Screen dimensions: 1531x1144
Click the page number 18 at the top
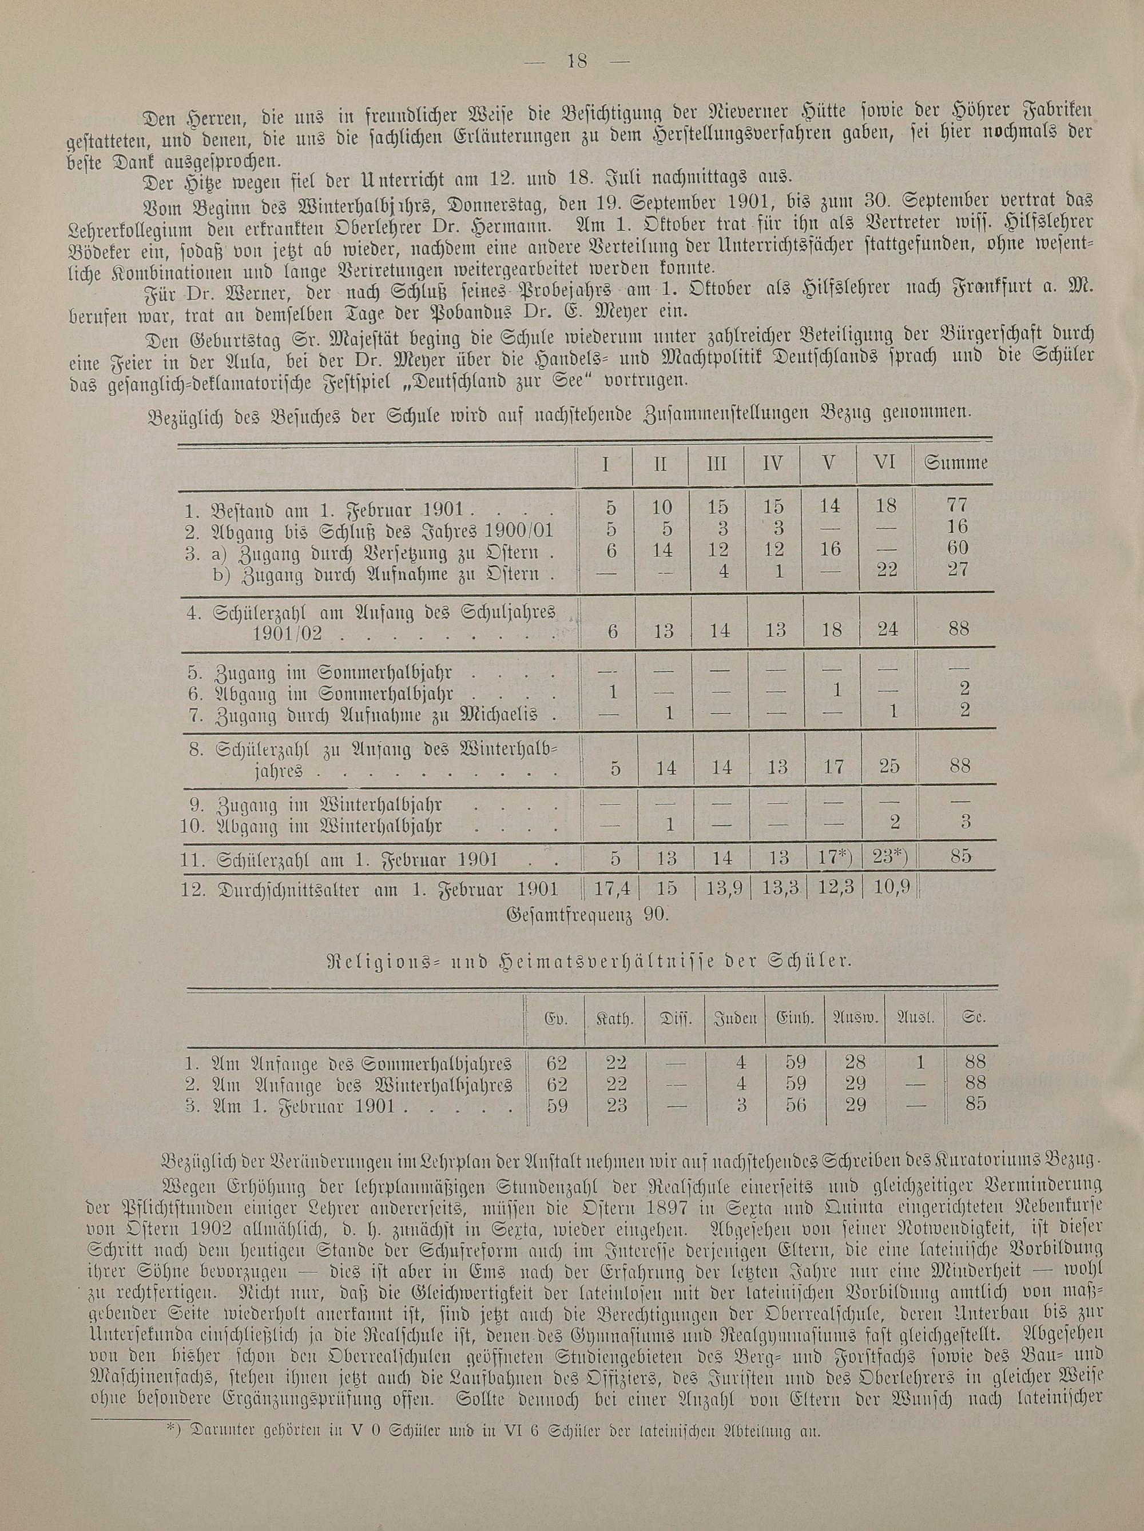(x=577, y=62)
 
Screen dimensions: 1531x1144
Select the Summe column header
(x=956, y=463)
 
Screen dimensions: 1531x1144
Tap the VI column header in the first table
(x=885, y=463)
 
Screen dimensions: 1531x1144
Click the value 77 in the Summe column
(x=959, y=506)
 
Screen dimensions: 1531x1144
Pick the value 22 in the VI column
(x=887, y=569)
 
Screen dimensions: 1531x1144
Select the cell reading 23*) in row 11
(x=887, y=857)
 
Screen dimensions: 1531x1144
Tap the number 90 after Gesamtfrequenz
(x=653, y=916)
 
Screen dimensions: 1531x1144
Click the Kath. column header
(x=615, y=1018)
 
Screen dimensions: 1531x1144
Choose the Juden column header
(x=735, y=1018)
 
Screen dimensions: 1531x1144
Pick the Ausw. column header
(x=855, y=1018)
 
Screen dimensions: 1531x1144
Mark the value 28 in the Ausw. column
(x=856, y=1062)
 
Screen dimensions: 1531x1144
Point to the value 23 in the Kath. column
(x=615, y=1105)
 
